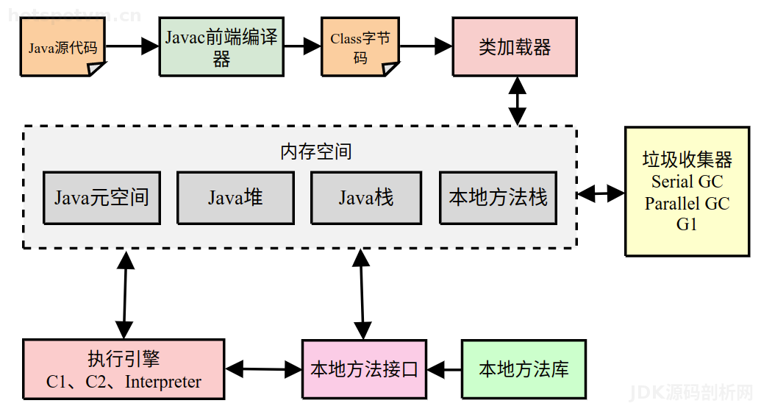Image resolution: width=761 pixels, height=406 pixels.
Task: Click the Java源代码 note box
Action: click(62, 49)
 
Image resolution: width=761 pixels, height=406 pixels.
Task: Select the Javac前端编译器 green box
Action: click(221, 47)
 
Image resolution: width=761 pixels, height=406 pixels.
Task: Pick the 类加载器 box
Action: click(515, 48)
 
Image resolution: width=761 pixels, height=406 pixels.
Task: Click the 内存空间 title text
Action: click(316, 152)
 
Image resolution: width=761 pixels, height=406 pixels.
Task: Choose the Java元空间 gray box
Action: click(101, 197)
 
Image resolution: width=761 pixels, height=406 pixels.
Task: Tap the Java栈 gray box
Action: click(366, 197)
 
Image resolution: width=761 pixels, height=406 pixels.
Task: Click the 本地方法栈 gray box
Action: click(499, 197)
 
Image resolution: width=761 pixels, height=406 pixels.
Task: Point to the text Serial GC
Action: click(687, 182)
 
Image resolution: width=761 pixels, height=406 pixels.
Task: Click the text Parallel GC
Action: click(687, 204)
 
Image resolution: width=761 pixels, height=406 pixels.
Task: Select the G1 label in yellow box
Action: click(687, 225)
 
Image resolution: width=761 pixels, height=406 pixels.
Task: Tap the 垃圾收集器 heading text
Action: click(687, 160)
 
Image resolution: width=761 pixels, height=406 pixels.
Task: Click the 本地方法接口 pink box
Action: click(364, 369)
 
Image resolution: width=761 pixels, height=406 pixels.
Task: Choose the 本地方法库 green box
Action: click(524, 369)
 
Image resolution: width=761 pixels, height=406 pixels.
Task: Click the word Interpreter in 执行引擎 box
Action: click(163, 382)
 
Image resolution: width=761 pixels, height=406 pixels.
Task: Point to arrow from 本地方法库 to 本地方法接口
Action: click(444, 368)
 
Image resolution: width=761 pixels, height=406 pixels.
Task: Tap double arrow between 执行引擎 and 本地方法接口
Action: click(263, 368)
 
